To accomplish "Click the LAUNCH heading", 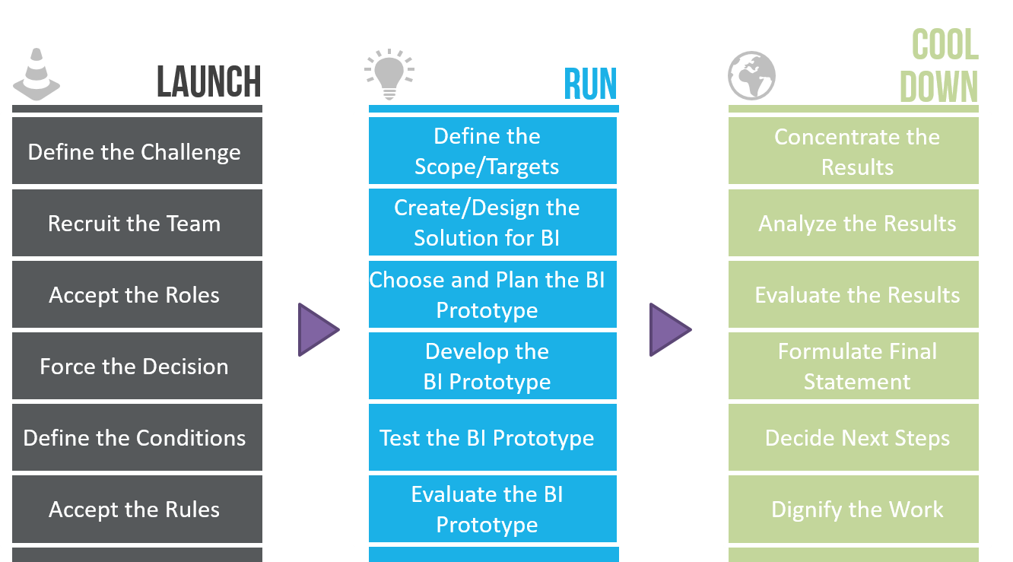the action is click(209, 81).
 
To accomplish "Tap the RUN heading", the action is click(591, 84).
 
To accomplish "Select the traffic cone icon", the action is click(37, 75).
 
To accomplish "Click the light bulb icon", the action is click(389, 75).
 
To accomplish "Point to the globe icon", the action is click(751, 75).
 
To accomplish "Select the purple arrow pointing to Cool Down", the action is click(670, 329).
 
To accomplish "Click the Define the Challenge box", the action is click(137, 151).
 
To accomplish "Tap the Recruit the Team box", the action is click(137, 223).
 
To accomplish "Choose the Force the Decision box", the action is click(137, 366).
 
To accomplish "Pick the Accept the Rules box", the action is click(137, 509).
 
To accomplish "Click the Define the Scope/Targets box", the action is click(493, 151).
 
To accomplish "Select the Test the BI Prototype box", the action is click(493, 437).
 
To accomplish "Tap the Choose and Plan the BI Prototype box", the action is click(493, 294).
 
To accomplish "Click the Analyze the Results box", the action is click(853, 223).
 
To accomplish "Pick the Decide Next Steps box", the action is click(853, 437).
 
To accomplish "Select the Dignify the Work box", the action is click(853, 509).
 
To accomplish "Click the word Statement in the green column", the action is click(857, 382).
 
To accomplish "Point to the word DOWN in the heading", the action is click(938, 87).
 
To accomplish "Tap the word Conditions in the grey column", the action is click(191, 438).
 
